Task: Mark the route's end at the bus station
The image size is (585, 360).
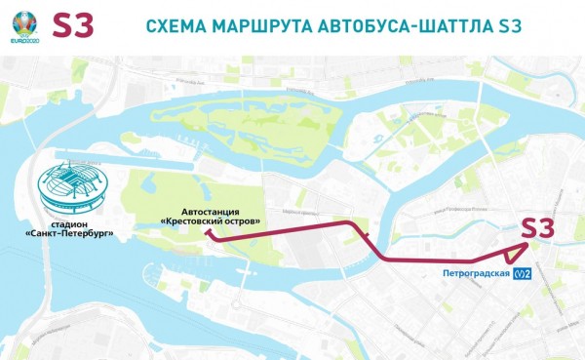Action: pos(207,234)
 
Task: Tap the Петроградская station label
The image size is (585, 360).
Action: pos(477,272)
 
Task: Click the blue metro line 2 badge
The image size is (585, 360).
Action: pos(525,272)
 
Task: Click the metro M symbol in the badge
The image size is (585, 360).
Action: pos(519,272)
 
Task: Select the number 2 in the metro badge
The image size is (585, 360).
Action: pos(529,272)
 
